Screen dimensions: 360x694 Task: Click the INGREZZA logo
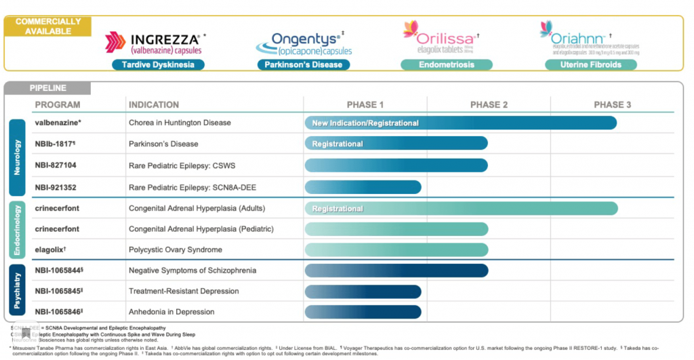coord(155,42)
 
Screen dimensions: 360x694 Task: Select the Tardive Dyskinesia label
coord(158,65)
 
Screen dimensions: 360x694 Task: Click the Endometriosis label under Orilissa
coord(446,65)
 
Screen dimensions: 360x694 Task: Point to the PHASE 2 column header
coord(489,104)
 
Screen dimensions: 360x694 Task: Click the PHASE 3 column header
coord(612,104)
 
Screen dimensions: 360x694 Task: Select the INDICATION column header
coord(154,104)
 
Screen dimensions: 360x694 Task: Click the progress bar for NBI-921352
coord(363,186)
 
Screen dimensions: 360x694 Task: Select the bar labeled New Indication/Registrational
coord(460,123)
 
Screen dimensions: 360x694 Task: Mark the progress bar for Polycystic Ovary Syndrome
coord(396,249)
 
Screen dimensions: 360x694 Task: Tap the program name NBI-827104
coord(56,165)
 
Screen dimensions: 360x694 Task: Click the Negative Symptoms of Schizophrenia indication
coord(192,271)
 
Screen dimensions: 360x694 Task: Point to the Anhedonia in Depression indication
coord(171,312)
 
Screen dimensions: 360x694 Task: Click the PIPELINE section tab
coord(47,88)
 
